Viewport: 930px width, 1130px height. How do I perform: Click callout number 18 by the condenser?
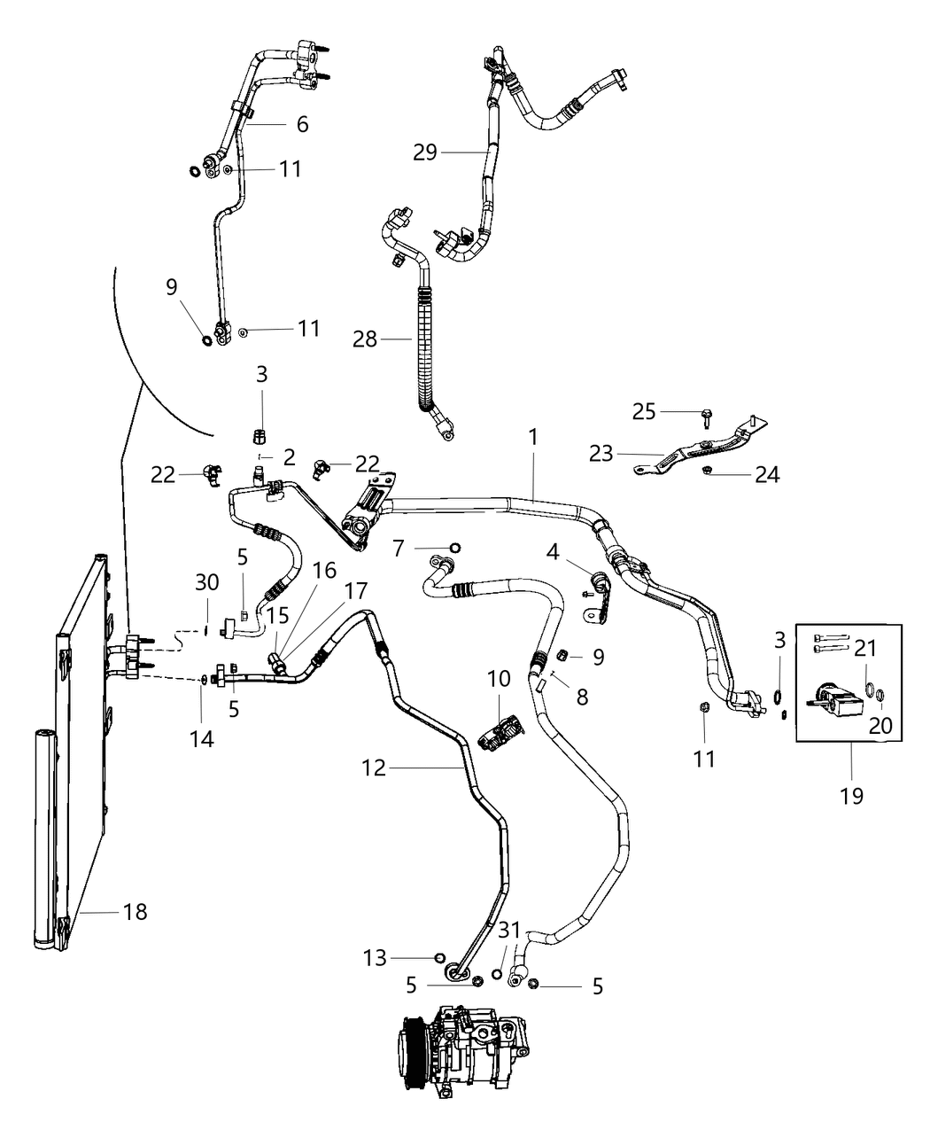pos(136,911)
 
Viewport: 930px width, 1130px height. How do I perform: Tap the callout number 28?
pos(364,339)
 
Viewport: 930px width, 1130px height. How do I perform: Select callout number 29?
pos(425,152)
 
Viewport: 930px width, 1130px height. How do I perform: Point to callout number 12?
pos(374,768)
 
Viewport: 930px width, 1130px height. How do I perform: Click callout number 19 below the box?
pos(850,795)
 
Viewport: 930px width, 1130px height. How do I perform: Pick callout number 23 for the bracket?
pos(602,454)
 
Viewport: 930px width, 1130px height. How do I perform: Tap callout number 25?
pos(644,411)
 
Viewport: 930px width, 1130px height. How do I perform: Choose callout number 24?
pos(767,475)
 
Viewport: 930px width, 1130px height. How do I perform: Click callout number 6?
pos(302,124)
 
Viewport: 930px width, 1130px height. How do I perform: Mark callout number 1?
pos(533,437)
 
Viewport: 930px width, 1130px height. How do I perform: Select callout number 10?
pos(499,679)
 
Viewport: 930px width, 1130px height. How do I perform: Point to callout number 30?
pos(206,582)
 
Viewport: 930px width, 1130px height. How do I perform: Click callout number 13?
pos(375,957)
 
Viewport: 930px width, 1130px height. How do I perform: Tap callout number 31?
pos(509,931)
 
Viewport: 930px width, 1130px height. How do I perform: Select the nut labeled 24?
pos(708,469)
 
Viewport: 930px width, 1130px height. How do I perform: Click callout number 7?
pos(399,549)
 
